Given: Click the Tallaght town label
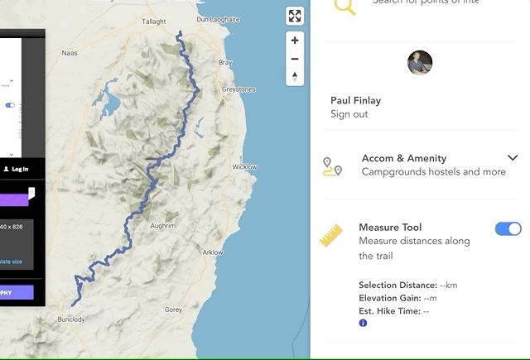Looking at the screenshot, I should pyautogui.click(x=154, y=22).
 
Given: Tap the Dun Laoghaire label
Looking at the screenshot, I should pyautogui.click(x=219, y=19).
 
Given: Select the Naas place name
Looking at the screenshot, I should pyautogui.click(x=70, y=53).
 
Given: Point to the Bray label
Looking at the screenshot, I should pyautogui.click(x=225, y=63).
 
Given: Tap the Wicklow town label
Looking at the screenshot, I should pyautogui.click(x=245, y=167).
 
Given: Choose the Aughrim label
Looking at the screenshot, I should pyautogui.click(x=163, y=225).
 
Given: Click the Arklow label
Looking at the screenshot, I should pyautogui.click(x=213, y=252).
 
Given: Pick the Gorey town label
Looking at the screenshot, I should pyautogui.click(x=173, y=310).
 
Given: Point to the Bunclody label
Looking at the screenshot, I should pyautogui.click(x=71, y=319).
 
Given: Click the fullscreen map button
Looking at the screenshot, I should pyautogui.click(x=295, y=17).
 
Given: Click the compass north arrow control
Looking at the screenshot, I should pyautogui.click(x=295, y=77).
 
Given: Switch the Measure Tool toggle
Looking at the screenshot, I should pyautogui.click(x=508, y=228).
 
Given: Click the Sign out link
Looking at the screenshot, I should pyautogui.click(x=349, y=114).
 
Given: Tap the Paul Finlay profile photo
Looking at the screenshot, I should pyautogui.click(x=420, y=63).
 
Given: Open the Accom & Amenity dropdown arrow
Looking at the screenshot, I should pyautogui.click(x=513, y=158).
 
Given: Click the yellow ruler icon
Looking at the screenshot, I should pyautogui.click(x=332, y=236).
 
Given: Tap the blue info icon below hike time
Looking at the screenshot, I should pyautogui.click(x=363, y=323).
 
